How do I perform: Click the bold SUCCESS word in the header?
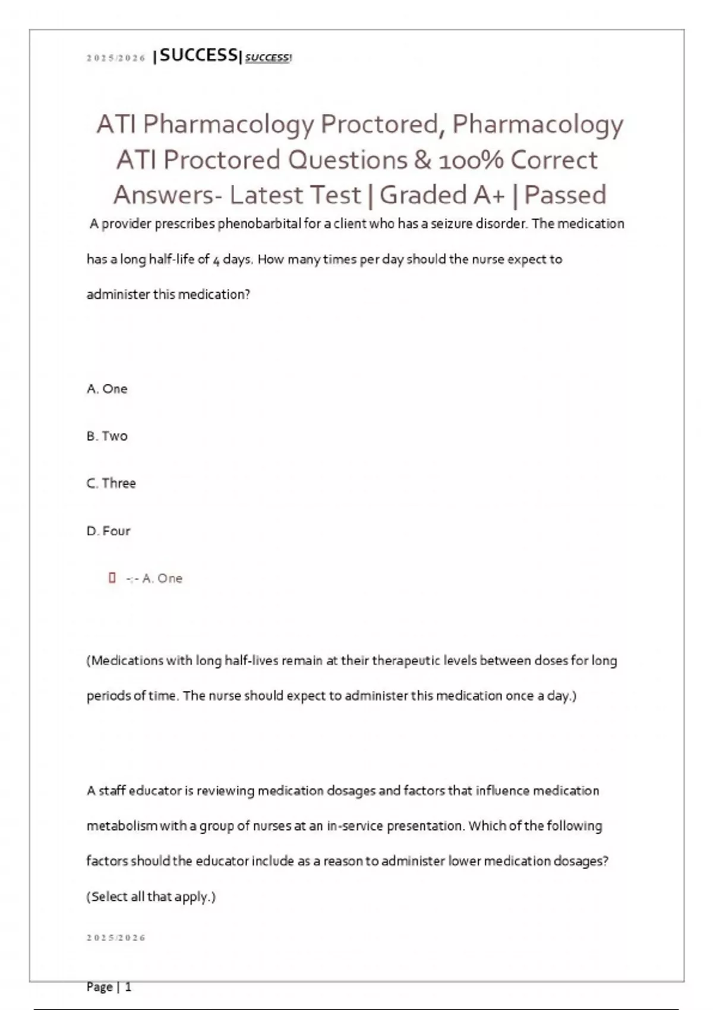(x=198, y=55)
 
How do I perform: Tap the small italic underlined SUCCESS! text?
(x=268, y=58)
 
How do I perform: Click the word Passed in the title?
(x=565, y=195)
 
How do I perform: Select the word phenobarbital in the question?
(x=259, y=224)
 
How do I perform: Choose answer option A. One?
(x=107, y=389)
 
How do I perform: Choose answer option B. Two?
(x=107, y=436)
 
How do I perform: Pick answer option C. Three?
(x=111, y=483)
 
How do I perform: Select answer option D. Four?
(x=108, y=531)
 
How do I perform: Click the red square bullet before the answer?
(x=112, y=577)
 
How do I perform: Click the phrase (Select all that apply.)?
(x=151, y=897)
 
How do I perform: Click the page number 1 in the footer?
(x=128, y=987)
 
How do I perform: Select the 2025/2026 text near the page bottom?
(x=116, y=938)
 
